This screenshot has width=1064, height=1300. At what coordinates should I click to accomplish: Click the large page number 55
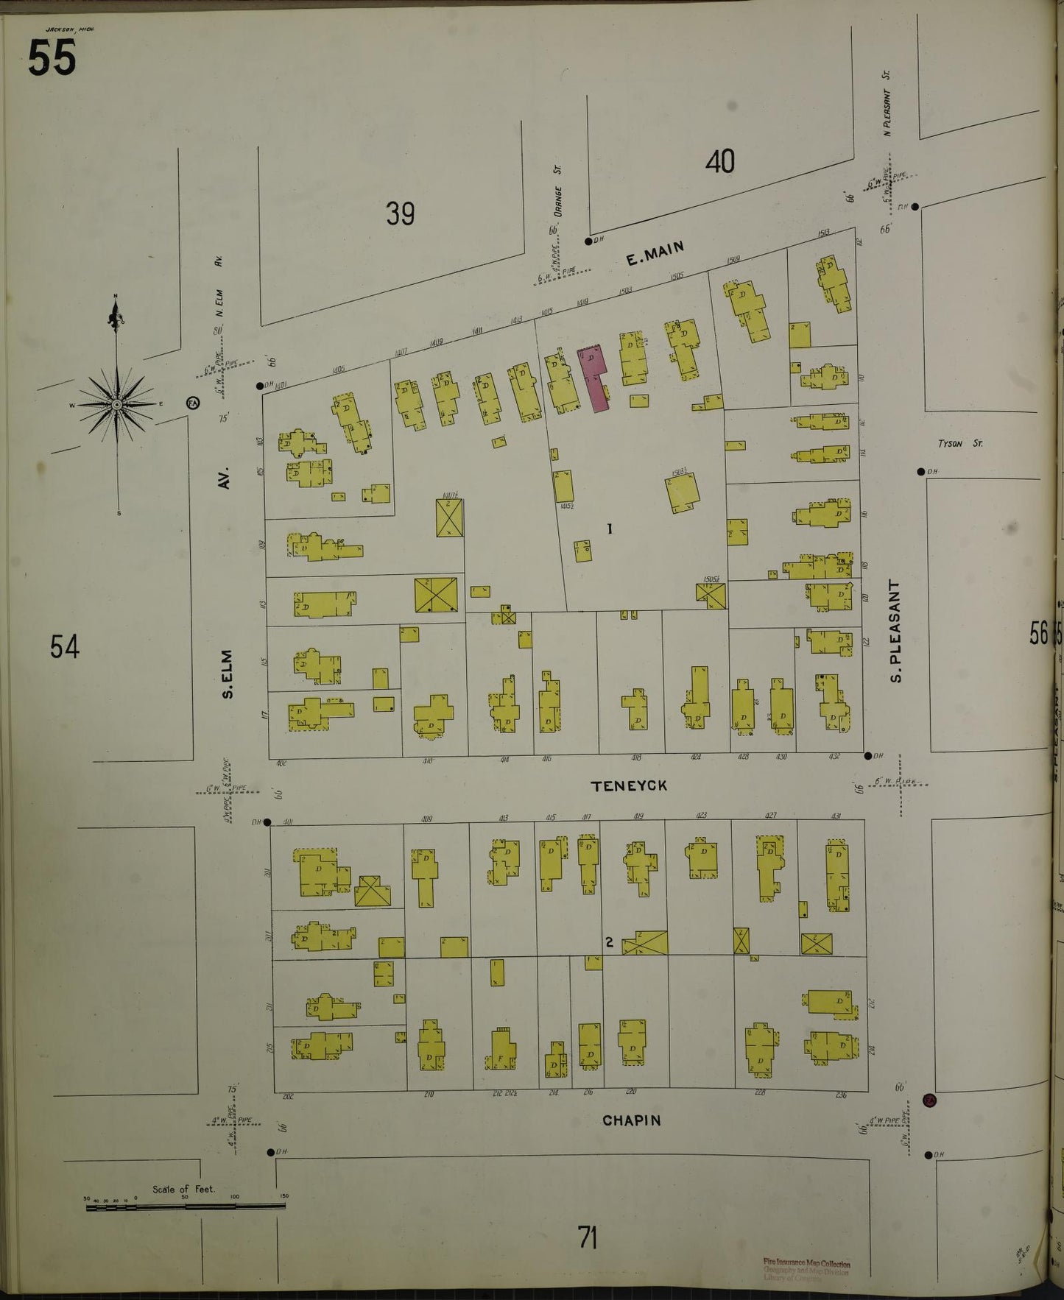(x=52, y=57)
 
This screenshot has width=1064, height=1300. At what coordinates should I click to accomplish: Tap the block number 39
(x=400, y=213)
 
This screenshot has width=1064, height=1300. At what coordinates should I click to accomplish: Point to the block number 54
(x=64, y=647)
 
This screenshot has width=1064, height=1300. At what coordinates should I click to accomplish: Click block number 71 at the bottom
(x=587, y=1237)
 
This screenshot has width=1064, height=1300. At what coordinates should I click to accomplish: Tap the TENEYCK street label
(x=630, y=786)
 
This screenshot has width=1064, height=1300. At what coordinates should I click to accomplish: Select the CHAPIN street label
(x=631, y=1120)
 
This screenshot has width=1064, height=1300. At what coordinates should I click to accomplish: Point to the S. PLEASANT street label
(x=895, y=631)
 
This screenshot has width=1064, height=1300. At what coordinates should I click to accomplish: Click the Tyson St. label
(x=959, y=444)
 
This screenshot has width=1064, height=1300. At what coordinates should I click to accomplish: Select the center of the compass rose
(x=117, y=405)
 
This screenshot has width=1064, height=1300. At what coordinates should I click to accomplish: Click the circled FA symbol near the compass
(x=193, y=403)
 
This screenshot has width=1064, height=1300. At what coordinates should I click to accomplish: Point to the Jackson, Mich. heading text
(x=70, y=29)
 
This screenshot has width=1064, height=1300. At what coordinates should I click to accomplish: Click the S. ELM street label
(x=228, y=674)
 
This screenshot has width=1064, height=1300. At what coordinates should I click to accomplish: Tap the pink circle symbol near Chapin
(x=929, y=1101)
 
